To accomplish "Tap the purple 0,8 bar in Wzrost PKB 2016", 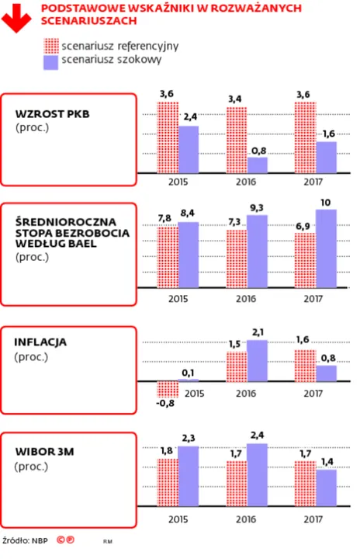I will (257, 165).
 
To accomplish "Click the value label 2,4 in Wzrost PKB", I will (189, 116).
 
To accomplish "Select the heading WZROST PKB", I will (53, 114).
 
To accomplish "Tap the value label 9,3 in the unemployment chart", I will (258, 207).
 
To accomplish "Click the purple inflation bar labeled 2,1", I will (257, 361).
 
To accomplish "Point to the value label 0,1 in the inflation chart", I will (189, 373).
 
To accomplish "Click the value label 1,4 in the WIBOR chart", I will (327, 461).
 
